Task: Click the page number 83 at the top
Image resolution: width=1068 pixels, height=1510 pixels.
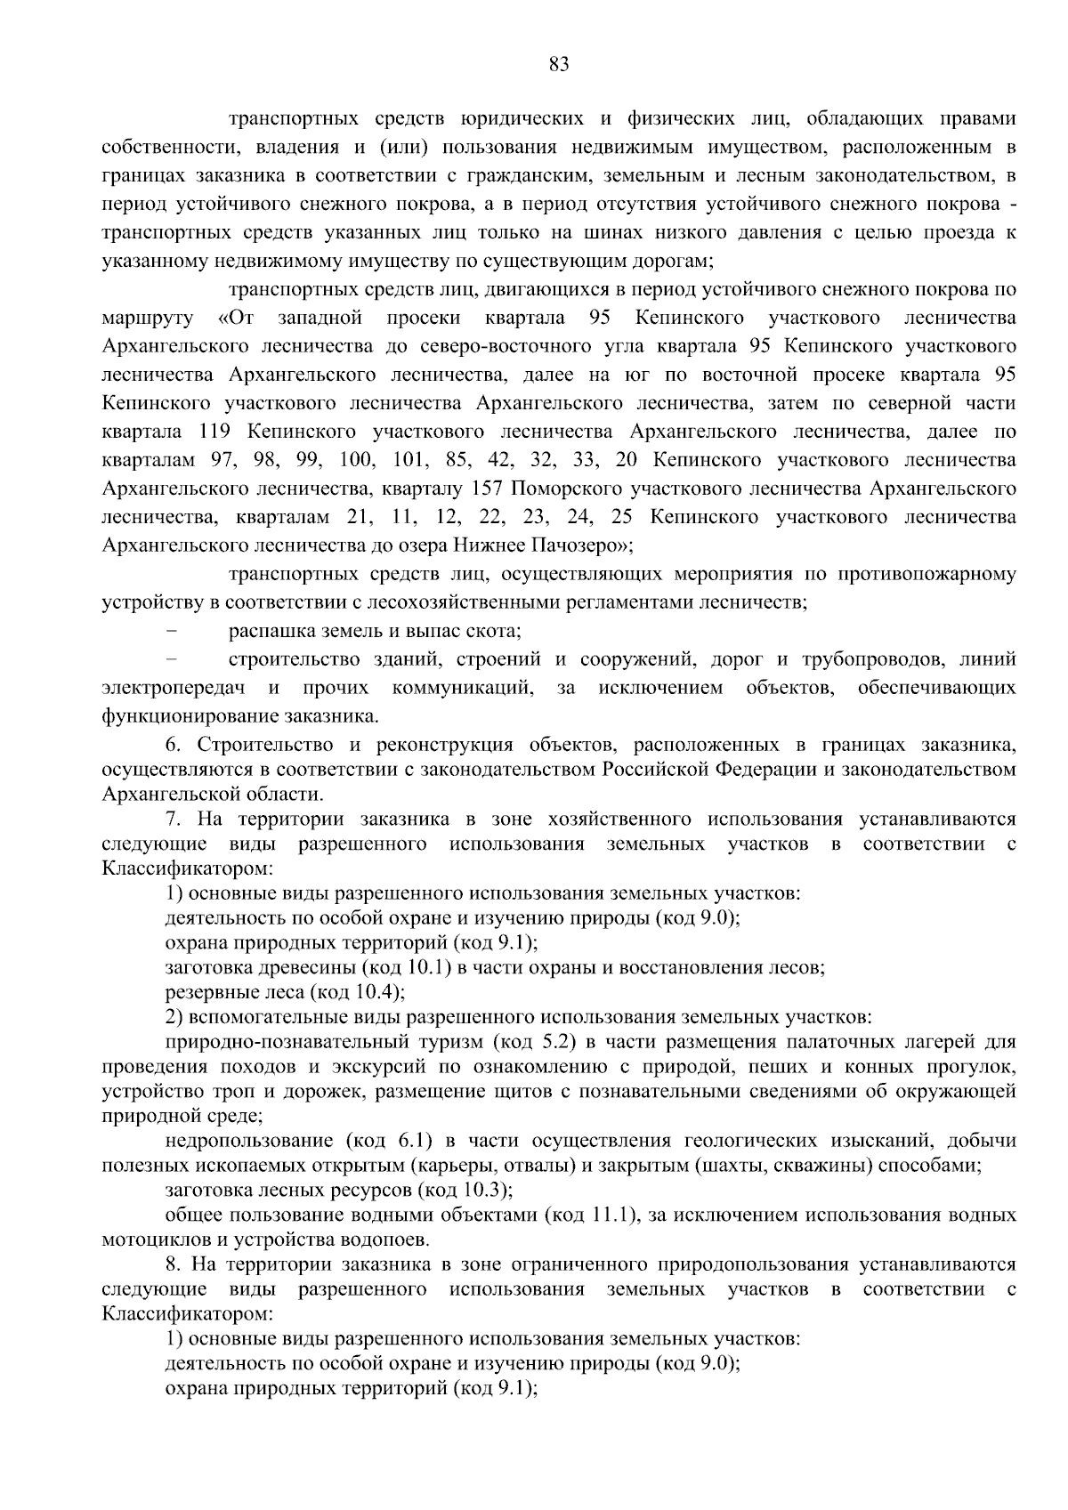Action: pyautogui.click(x=559, y=64)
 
